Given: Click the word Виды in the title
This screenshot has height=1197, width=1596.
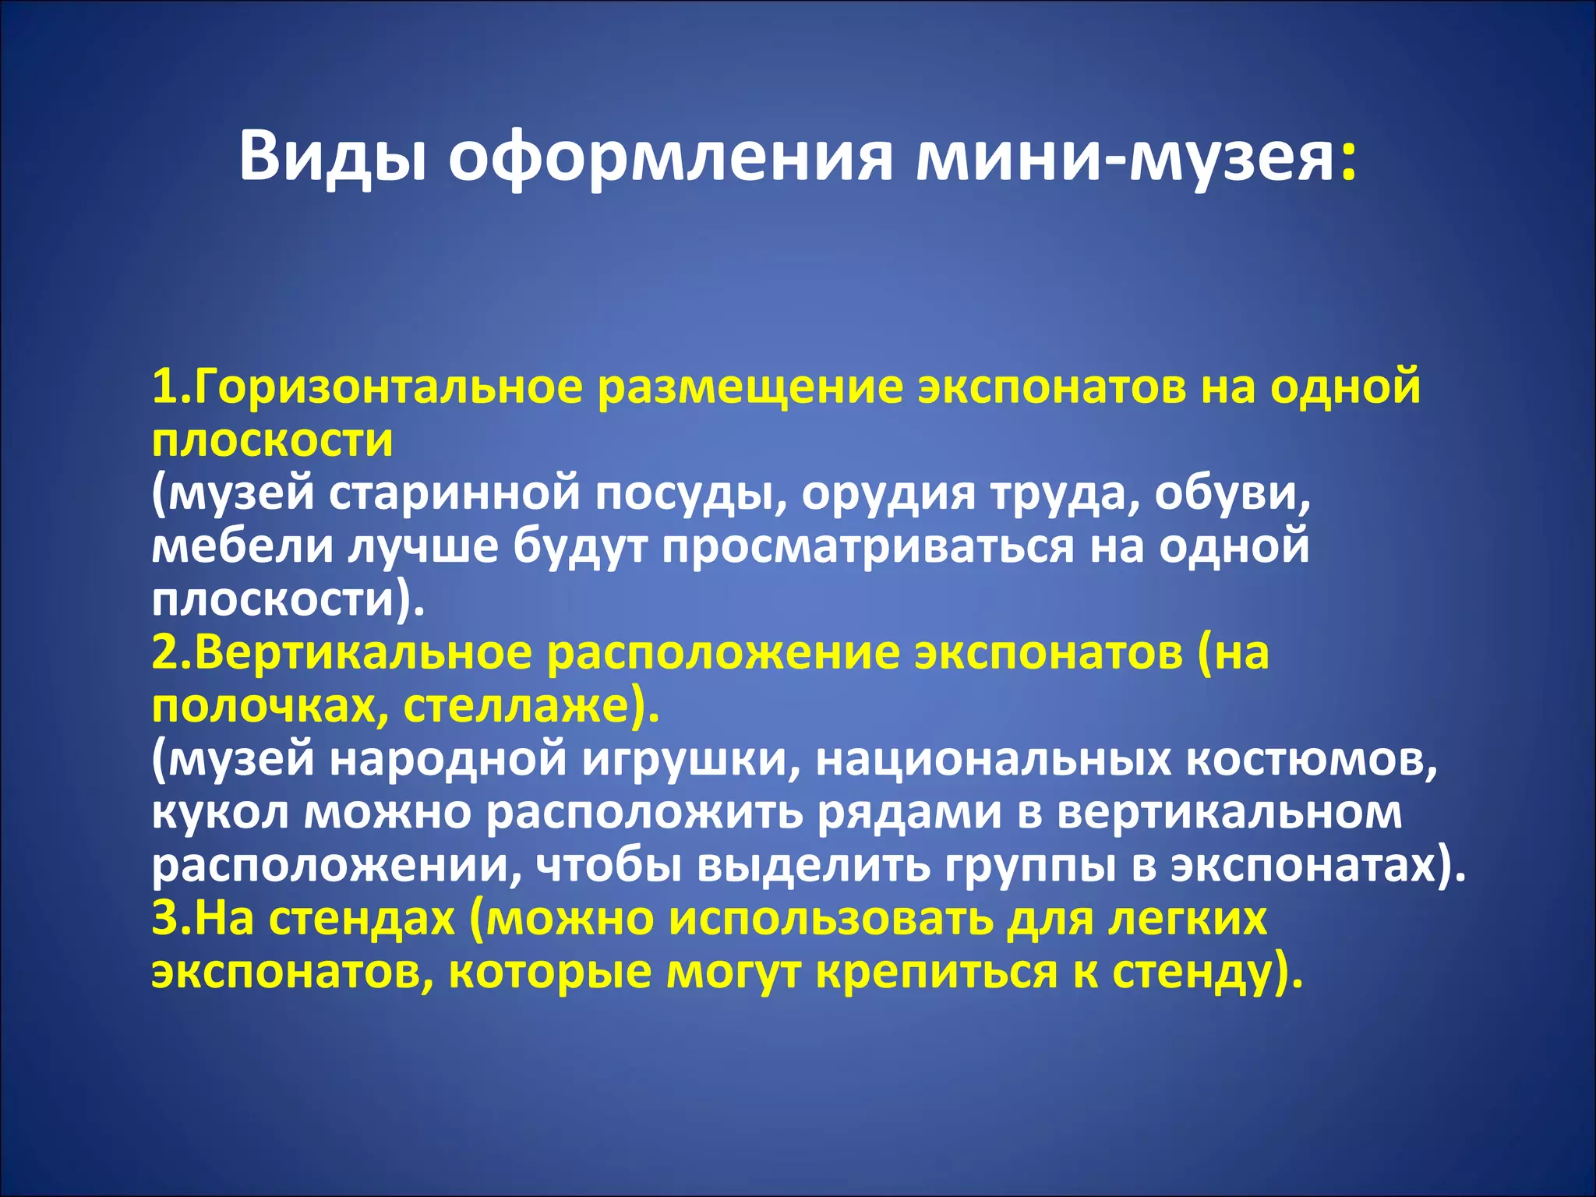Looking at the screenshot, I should (x=332, y=156).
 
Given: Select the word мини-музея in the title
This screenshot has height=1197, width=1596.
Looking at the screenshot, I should (x=1125, y=156).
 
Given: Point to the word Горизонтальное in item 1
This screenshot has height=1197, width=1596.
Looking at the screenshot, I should (x=387, y=387).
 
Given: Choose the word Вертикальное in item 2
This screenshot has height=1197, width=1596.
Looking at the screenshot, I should (x=363, y=653).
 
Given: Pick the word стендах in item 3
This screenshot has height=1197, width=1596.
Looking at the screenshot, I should (x=362, y=920).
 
